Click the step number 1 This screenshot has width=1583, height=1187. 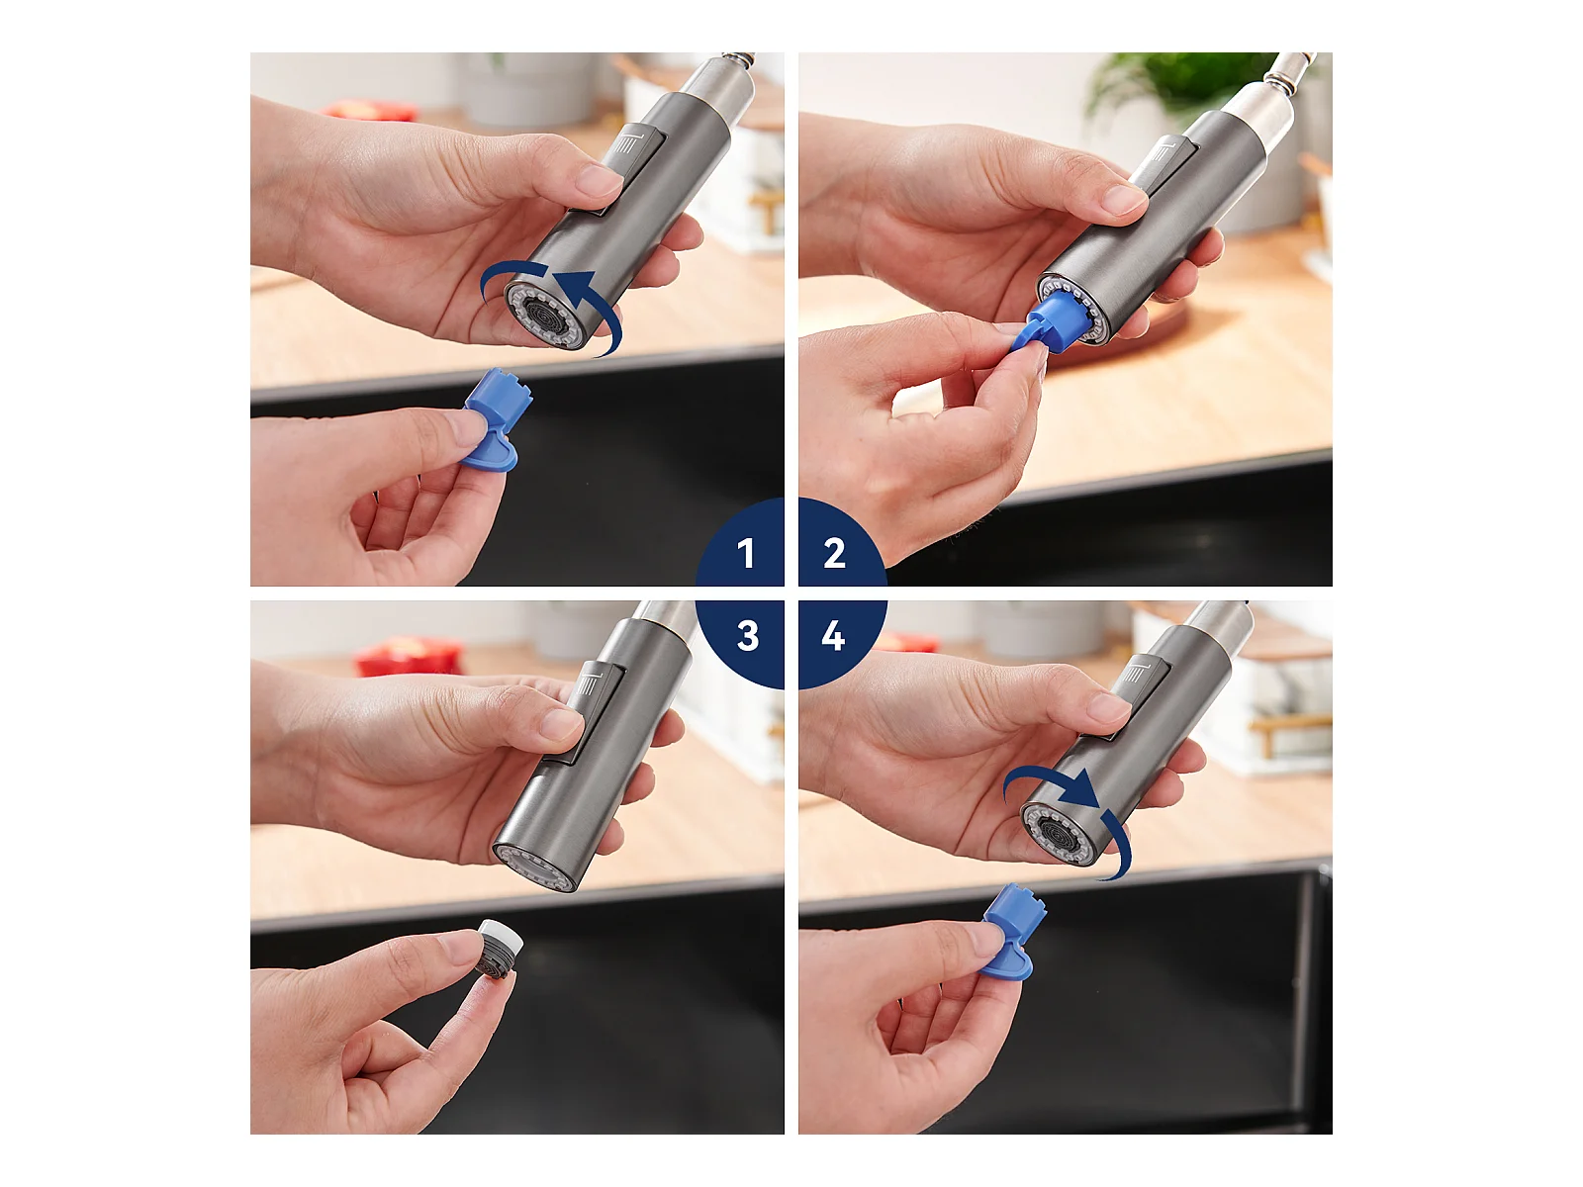[746, 554]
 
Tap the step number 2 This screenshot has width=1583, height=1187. [834, 554]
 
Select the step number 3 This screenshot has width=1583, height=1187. [748, 636]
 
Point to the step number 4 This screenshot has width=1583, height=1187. [833, 636]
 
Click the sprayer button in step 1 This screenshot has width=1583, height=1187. [612, 170]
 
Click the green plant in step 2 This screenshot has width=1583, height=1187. [1182, 79]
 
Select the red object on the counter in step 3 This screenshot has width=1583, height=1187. [410, 656]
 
